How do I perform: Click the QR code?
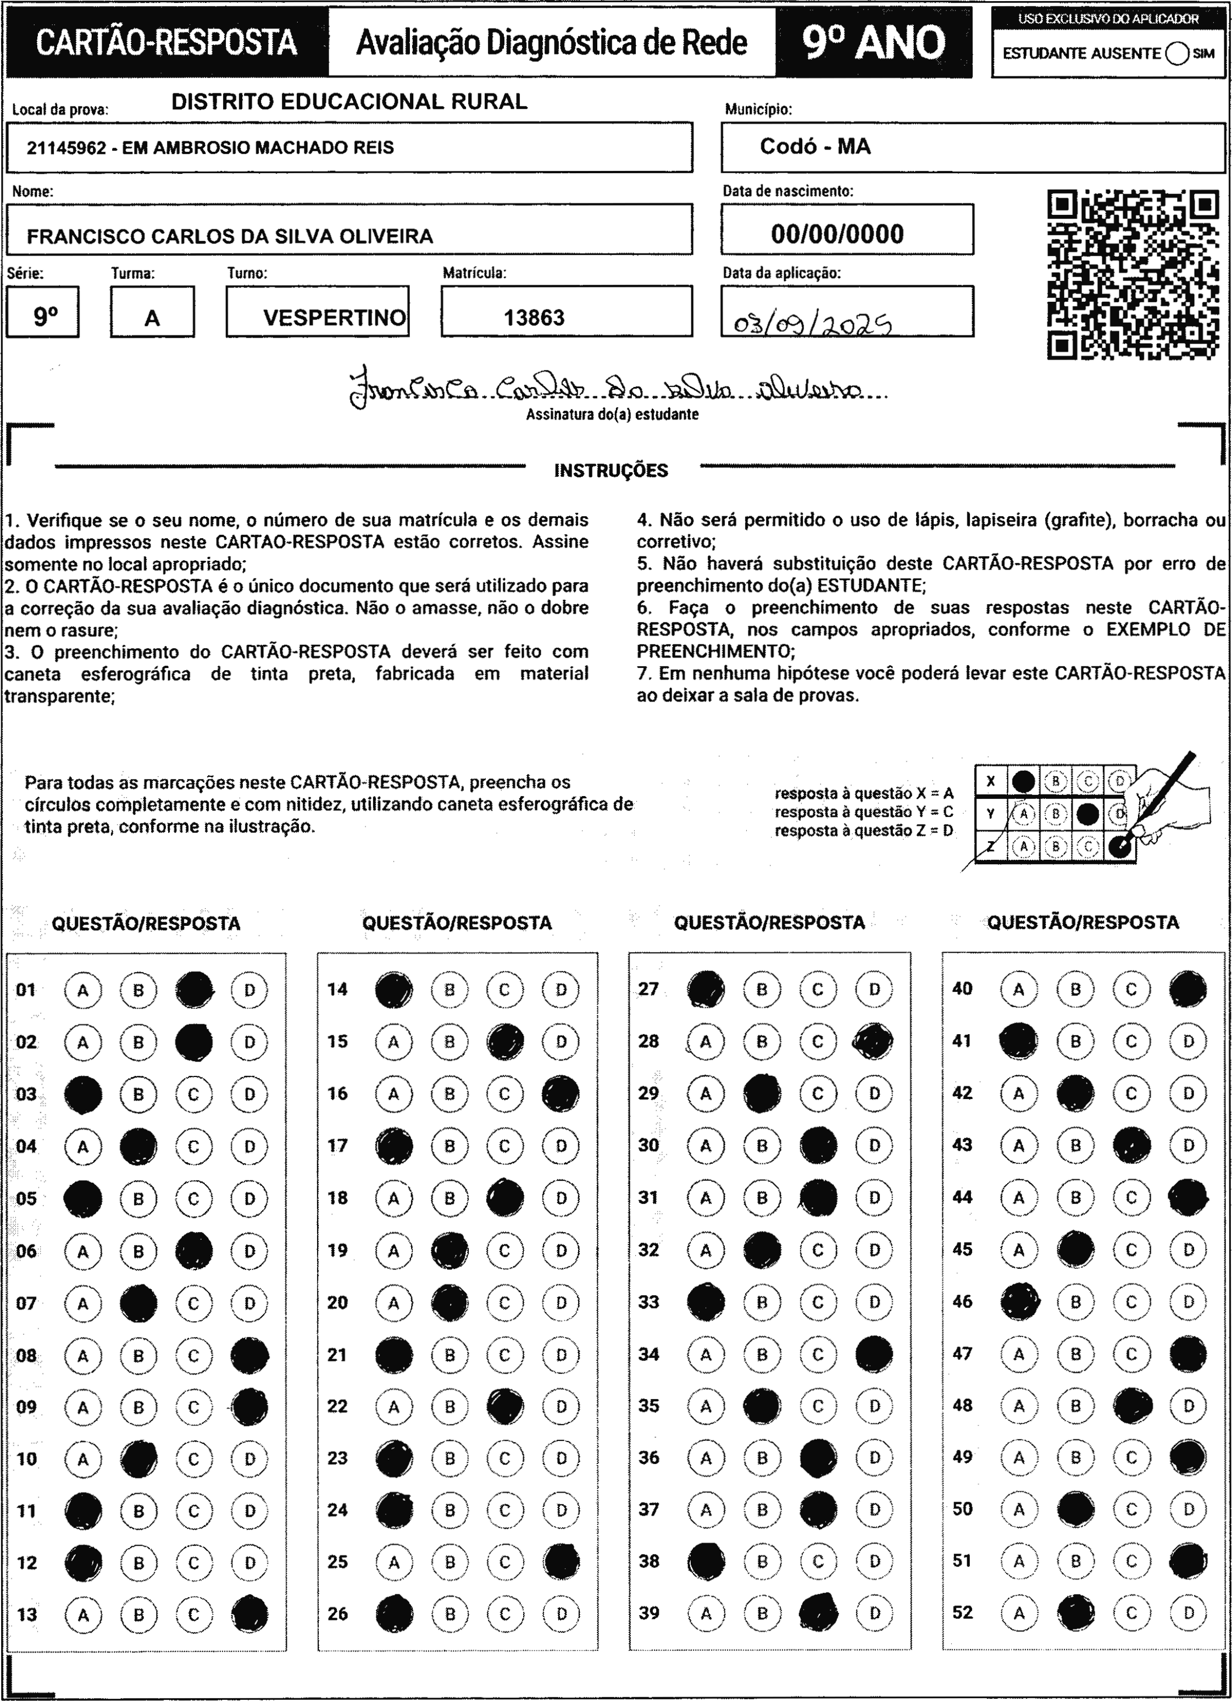pyautogui.click(x=1133, y=274)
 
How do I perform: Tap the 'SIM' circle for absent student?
pyautogui.click(x=1177, y=54)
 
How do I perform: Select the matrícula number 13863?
pyautogui.click(x=534, y=317)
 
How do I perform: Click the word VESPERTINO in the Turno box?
pyautogui.click(x=335, y=317)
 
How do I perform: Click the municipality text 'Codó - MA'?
pyautogui.click(x=815, y=146)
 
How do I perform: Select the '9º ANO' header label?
pyautogui.click(x=874, y=43)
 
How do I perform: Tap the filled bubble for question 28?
pyautogui.click(x=874, y=1042)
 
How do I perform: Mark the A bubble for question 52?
pyautogui.click(x=1018, y=1612)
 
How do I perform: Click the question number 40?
pyautogui.click(x=962, y=988)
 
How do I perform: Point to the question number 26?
pyautogui.click(x=337, y=1613)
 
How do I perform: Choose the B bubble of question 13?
pyautogui.click(x=138, y=1614)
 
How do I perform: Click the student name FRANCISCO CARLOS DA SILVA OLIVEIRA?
pyautogui.click(x=230, y=236)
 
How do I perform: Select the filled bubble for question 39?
pyautogui.click(x=818, y=1612)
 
